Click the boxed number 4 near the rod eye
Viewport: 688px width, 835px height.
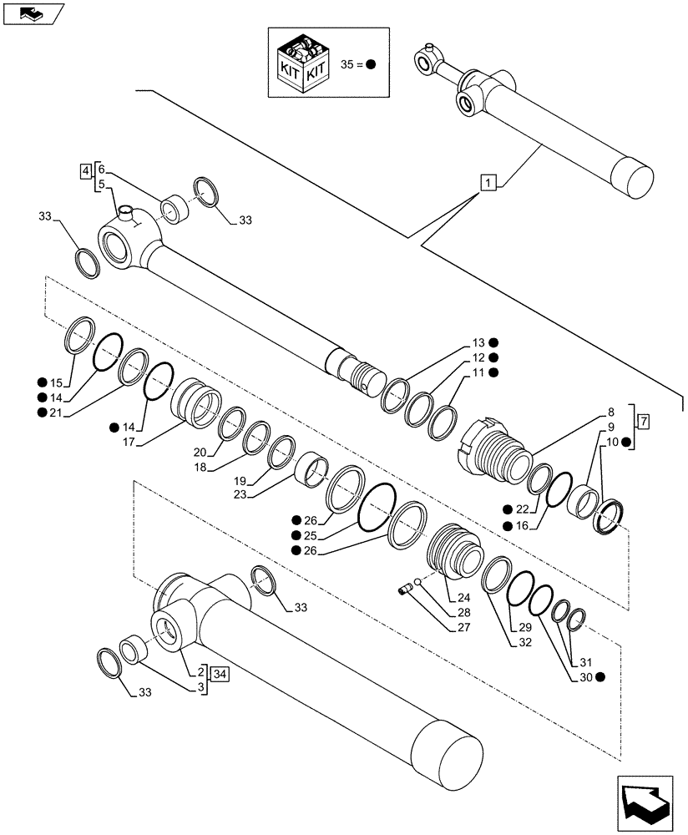86,171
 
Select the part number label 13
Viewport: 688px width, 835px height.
478,343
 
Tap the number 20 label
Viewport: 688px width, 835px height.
199,452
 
